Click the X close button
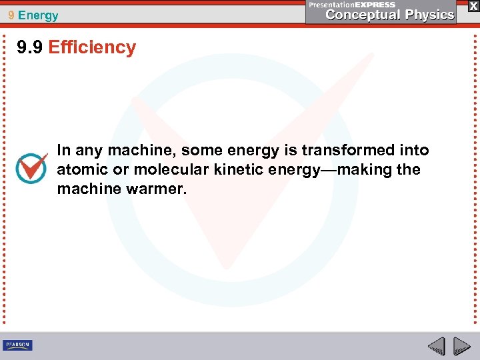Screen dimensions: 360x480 pyautogui.click(x=472, y=5)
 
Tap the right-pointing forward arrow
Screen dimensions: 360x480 pyautogui.click(x=461, y=346)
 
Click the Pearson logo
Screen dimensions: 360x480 pyautogui.click(x=17, y=345)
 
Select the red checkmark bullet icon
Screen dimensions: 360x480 pyautogui.click(x=31, y=169)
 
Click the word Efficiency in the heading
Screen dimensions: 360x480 pyautogui.click(x=92, y=47)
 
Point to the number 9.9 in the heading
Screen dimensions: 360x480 pyautogui.click(x=31, y=47)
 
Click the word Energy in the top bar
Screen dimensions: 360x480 pyautogui.click(x=39, y=15)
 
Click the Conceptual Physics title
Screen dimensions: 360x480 pyautogui.click(x=389, y=15)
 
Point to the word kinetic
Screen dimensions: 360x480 pyautogui.click(x=239, y=169)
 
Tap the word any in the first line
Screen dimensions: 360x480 pyautogui.click(x=87, y=150)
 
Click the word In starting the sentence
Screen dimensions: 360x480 pyautogui.click(x=64, y=150)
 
